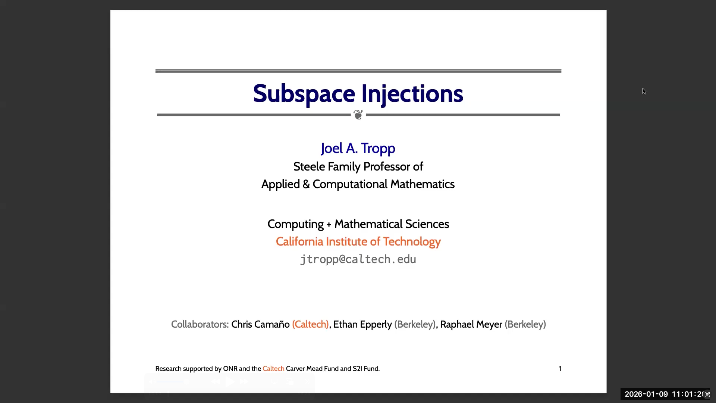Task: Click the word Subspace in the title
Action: click(304, 94)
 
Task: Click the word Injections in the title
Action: click(412, 94)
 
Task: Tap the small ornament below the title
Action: click(358, 115)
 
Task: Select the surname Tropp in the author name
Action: click(378, 149)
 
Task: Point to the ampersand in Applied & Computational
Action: click(306, 184)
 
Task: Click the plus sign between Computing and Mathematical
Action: click(329, 225)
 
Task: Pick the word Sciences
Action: click(427, 224)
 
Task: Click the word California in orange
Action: click(299, 241)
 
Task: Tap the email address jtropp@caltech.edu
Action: click(358, 259)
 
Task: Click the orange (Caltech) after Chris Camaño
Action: click(310, 324)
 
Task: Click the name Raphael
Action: click(455, 325)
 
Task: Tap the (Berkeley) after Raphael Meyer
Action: click(525, 324)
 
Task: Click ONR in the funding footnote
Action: click(230, 369)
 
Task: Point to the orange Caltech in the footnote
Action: click(273, 369)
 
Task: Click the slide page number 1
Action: click(560, 369)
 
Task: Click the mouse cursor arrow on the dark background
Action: click(644, 91)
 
